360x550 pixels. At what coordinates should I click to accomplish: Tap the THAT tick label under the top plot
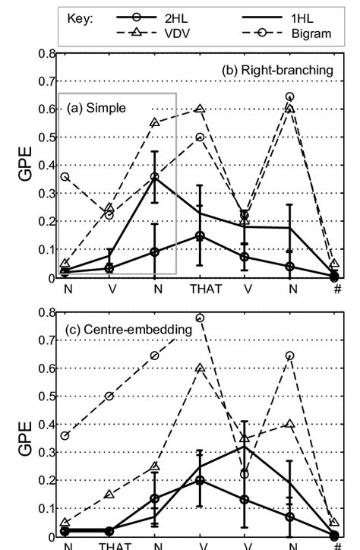201,289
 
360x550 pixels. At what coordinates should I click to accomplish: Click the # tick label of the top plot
336,289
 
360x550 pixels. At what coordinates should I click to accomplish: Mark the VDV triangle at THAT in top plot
201,109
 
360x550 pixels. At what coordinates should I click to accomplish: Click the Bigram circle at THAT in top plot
201,137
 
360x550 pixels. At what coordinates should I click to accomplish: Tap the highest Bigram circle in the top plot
289,96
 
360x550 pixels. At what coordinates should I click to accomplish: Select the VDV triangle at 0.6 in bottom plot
201,368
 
